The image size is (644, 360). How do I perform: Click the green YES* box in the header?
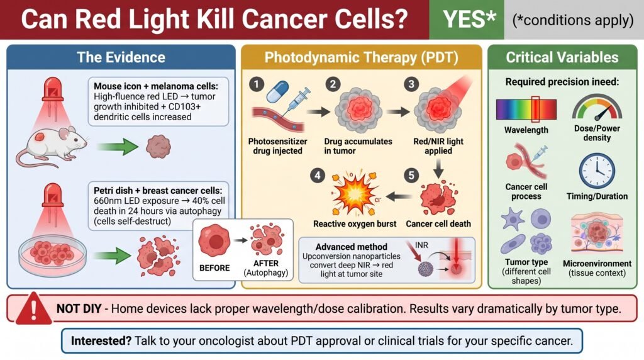point(467,20)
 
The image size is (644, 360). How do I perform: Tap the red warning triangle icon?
point(33,308)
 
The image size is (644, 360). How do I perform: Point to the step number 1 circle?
point(257,84)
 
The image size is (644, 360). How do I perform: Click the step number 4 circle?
point(318,176)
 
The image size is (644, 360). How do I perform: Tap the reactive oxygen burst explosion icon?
point(355,193)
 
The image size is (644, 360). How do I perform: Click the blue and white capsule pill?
point(277,91)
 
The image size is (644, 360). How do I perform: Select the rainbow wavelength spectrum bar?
point(526,110)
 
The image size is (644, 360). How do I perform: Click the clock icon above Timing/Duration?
point(597,171)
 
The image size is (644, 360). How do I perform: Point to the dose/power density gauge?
point(597,107)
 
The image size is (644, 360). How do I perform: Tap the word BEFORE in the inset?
point(214,268)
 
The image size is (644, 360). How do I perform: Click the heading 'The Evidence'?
point(121,57)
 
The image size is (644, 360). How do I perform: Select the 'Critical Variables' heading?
point(562,57)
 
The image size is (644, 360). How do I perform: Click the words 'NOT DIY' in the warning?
point(79,308)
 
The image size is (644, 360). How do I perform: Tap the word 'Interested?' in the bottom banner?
point(101,340)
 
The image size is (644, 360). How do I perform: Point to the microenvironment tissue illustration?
point(597,233)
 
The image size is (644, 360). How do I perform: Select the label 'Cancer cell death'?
point(438,224)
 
